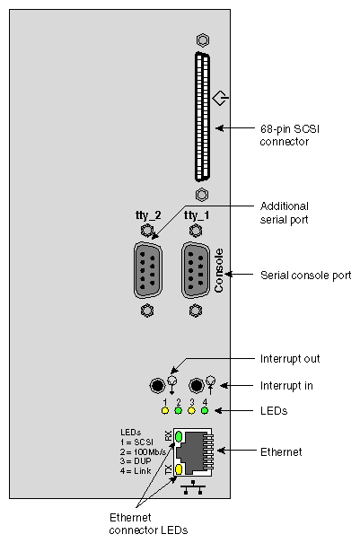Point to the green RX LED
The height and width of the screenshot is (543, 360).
(x=178, y=436)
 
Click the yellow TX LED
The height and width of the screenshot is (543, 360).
(x=178, y=469)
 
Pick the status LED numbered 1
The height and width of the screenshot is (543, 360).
(x=164, y=411)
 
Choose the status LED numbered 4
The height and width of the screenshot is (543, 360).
(x=206, y=411)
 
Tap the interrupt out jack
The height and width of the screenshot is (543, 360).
(x=157, y=385)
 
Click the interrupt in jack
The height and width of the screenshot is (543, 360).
(x=196, y=385)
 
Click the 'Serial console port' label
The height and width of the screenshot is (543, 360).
(x=304, y=274)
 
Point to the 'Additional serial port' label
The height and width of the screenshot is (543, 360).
(x=288, y=212)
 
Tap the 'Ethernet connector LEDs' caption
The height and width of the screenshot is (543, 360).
(x=149, y=524)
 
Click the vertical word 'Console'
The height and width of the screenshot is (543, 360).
(x=218, y=271)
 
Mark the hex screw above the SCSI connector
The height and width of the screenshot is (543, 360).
(x=202, y=41)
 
